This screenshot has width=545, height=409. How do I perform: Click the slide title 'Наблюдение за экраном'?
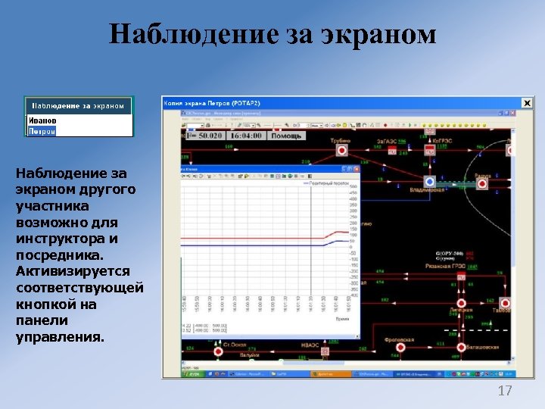point(272,35)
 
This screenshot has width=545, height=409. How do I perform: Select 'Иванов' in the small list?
point(42,120)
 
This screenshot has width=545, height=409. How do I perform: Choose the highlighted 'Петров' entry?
point(42,131)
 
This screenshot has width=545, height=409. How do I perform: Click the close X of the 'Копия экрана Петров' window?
point(527,102)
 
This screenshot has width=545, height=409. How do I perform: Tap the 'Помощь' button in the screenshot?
point(286,136)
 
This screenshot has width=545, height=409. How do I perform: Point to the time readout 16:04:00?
point(246,136)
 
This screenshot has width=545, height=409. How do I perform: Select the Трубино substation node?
point(341,150)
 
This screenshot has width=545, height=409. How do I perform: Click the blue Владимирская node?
point(429,182)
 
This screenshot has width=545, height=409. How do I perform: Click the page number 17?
point(505,391)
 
